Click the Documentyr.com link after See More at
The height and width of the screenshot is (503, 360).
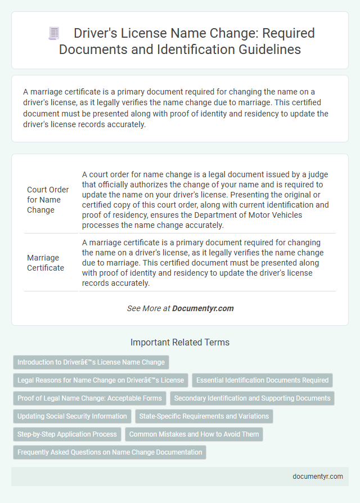202,308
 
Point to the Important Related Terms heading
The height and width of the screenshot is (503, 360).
179,342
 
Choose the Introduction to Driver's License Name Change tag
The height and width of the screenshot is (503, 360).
91,362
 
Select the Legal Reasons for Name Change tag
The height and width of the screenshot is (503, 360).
100,380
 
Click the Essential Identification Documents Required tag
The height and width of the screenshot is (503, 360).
262,380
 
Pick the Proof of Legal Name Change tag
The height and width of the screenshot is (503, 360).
89,398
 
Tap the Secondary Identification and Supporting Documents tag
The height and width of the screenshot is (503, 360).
252,398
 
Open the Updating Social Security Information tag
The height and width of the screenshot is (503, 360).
72,416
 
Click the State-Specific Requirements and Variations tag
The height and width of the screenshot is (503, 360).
204,416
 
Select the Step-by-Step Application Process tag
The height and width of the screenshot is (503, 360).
67,434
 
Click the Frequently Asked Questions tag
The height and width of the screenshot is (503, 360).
110,452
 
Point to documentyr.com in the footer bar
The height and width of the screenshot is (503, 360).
317,476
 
